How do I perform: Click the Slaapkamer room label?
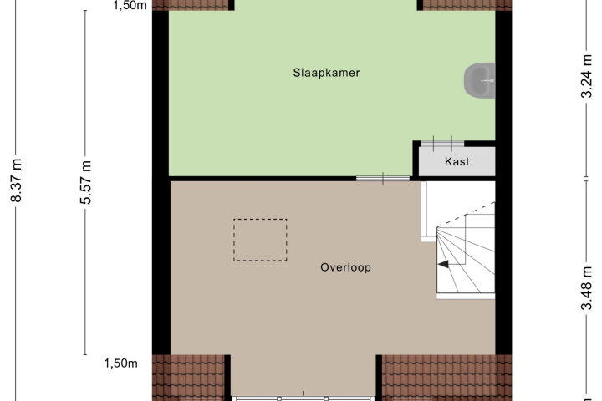tap(326, 73)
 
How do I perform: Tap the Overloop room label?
tap(345, 267)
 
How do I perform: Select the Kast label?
tap(457, 161)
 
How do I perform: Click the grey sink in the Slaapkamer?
tap(480, 80)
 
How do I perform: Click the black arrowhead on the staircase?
tap(443, 264)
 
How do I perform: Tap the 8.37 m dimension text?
tap(17, 180)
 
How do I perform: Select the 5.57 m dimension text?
tap(86, 182)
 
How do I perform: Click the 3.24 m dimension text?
tap(587, 76)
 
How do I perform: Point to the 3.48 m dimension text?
tap(587, 287)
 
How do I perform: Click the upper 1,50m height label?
tap(130, 5)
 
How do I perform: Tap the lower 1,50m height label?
tap(120, 363)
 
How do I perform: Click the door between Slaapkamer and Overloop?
tap(383, 179)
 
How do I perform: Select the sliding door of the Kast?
tap(442, 144)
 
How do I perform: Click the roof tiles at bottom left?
tap(188, 378)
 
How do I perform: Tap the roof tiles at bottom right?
tap(446, 378)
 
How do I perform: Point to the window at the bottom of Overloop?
tap(303, 398)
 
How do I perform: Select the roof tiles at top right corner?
tap(467, 5)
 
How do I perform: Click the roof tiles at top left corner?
tap(191, 5)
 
